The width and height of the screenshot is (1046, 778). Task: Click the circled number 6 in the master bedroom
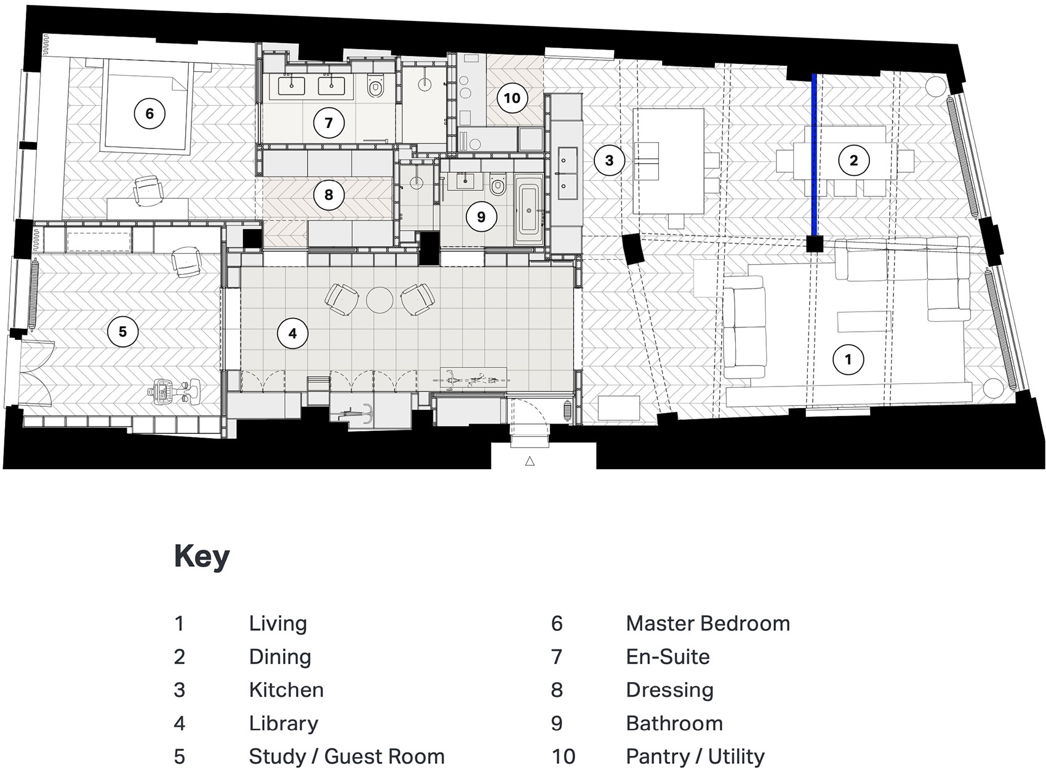tap(150, 113)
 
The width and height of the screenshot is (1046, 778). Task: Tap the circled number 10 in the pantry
tap(512, 98)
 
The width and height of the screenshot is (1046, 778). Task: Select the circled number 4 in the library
tap(292, 333)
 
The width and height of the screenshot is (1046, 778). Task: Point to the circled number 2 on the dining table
tap(853, 161)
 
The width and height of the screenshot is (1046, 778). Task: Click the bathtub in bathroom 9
tap(529, 211)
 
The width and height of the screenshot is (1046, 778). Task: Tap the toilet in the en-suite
tap(375, 87)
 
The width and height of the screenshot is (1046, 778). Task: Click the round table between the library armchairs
tap(380, 300)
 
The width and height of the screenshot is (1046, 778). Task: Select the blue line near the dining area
tap(815, 154)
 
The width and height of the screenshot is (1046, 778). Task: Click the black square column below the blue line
tap(815, 244)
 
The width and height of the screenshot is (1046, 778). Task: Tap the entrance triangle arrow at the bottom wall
tap(530, 460)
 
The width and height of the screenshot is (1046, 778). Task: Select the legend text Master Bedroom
tap(708, 624)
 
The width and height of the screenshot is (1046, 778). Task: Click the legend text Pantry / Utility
tap(695, 756)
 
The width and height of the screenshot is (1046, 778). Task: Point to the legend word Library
tap(283, 723)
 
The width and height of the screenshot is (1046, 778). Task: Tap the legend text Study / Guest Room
tap(346, 756)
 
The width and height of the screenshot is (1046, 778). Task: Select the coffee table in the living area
tap(864, 321)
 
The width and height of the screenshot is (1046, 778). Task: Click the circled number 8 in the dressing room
tap(329, 195)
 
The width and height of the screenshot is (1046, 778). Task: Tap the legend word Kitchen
tap(286, 690)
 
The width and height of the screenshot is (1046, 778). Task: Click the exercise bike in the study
tap(174, 390)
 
